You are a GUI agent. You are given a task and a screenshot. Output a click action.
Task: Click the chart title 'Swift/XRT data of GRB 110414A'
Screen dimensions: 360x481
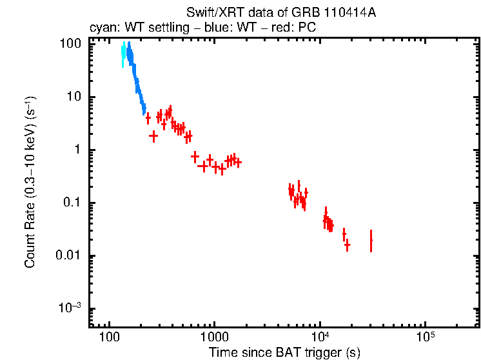(x=280, y=14)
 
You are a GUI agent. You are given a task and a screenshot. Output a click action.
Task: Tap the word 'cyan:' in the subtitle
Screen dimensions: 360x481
(x=103, y=28)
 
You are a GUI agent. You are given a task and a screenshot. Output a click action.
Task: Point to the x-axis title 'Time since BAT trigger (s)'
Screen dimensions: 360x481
(x=284, y=352)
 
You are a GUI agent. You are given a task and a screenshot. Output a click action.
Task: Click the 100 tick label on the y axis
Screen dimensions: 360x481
(x=70, y=45)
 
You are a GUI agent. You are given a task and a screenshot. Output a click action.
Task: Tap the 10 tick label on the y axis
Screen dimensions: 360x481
(x=74, y=97)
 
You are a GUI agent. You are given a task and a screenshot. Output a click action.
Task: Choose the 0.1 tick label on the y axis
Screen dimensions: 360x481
(x=72, y=203)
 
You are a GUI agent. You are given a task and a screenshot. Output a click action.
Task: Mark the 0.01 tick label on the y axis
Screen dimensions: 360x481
(x=69, y=256)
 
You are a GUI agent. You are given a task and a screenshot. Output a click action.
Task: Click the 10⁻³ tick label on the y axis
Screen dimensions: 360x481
(x=70, y=308)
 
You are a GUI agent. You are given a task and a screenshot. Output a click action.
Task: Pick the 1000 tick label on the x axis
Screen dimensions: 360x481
(x=214, y=337)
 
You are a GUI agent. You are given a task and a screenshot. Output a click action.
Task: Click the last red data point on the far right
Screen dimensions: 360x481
(x=371, y=241)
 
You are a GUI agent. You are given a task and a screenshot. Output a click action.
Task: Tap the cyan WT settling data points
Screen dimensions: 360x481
(x=123, y=55)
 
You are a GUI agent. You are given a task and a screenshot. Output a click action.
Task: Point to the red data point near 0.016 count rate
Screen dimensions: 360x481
(x=347, y=245)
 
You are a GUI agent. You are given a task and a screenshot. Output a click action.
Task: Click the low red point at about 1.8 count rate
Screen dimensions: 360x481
(x=153, y=136)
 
